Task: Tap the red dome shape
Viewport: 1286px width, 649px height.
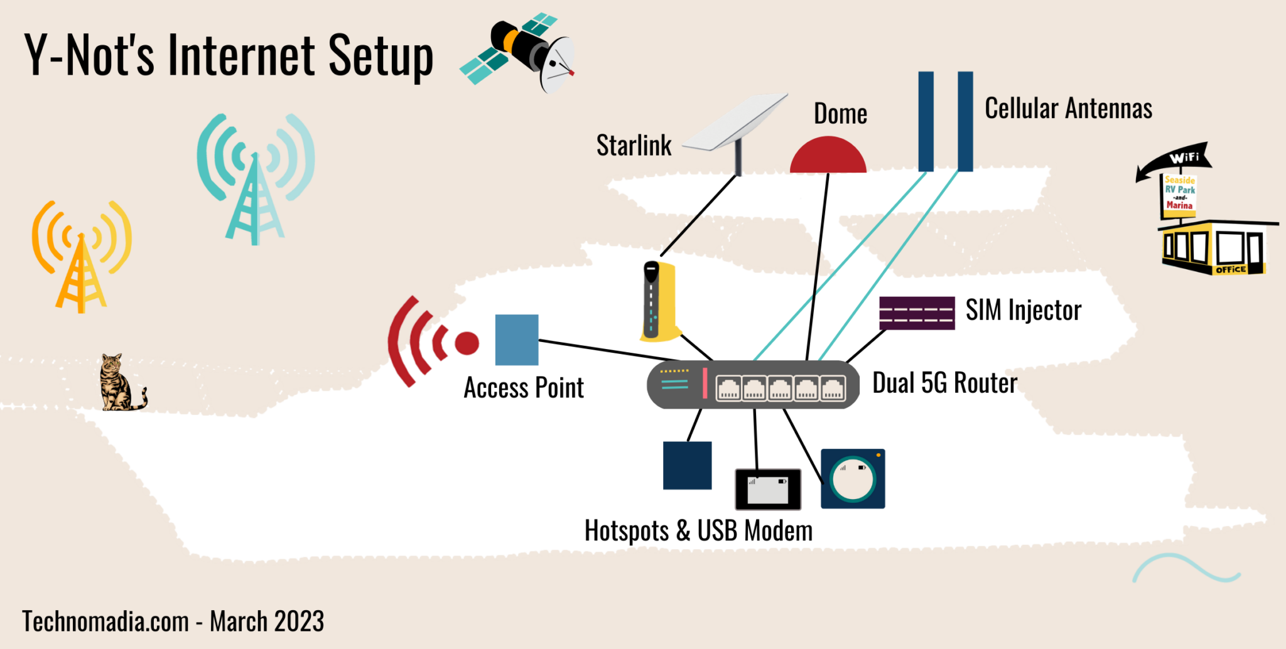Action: (828, 157)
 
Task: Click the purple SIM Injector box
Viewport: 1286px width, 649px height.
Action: (917, 313)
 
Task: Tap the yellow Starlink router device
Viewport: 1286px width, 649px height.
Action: (659, 302)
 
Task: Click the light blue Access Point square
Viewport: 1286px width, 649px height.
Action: (517, 340)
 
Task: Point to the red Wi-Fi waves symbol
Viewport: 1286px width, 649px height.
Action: (427, 342)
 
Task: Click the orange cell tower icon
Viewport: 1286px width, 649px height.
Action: (81, 257)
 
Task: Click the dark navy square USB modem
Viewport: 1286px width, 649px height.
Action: (687, 465)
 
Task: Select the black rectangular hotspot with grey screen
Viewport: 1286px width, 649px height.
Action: (768, 489)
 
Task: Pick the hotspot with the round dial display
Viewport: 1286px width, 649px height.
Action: (853, 479)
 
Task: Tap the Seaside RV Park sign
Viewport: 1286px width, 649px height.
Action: (1179, 193)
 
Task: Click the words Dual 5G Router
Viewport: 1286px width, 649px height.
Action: (944, 383)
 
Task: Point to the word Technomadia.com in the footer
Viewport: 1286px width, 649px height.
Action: (105, 621)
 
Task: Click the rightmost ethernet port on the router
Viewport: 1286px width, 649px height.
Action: (833, 389)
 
